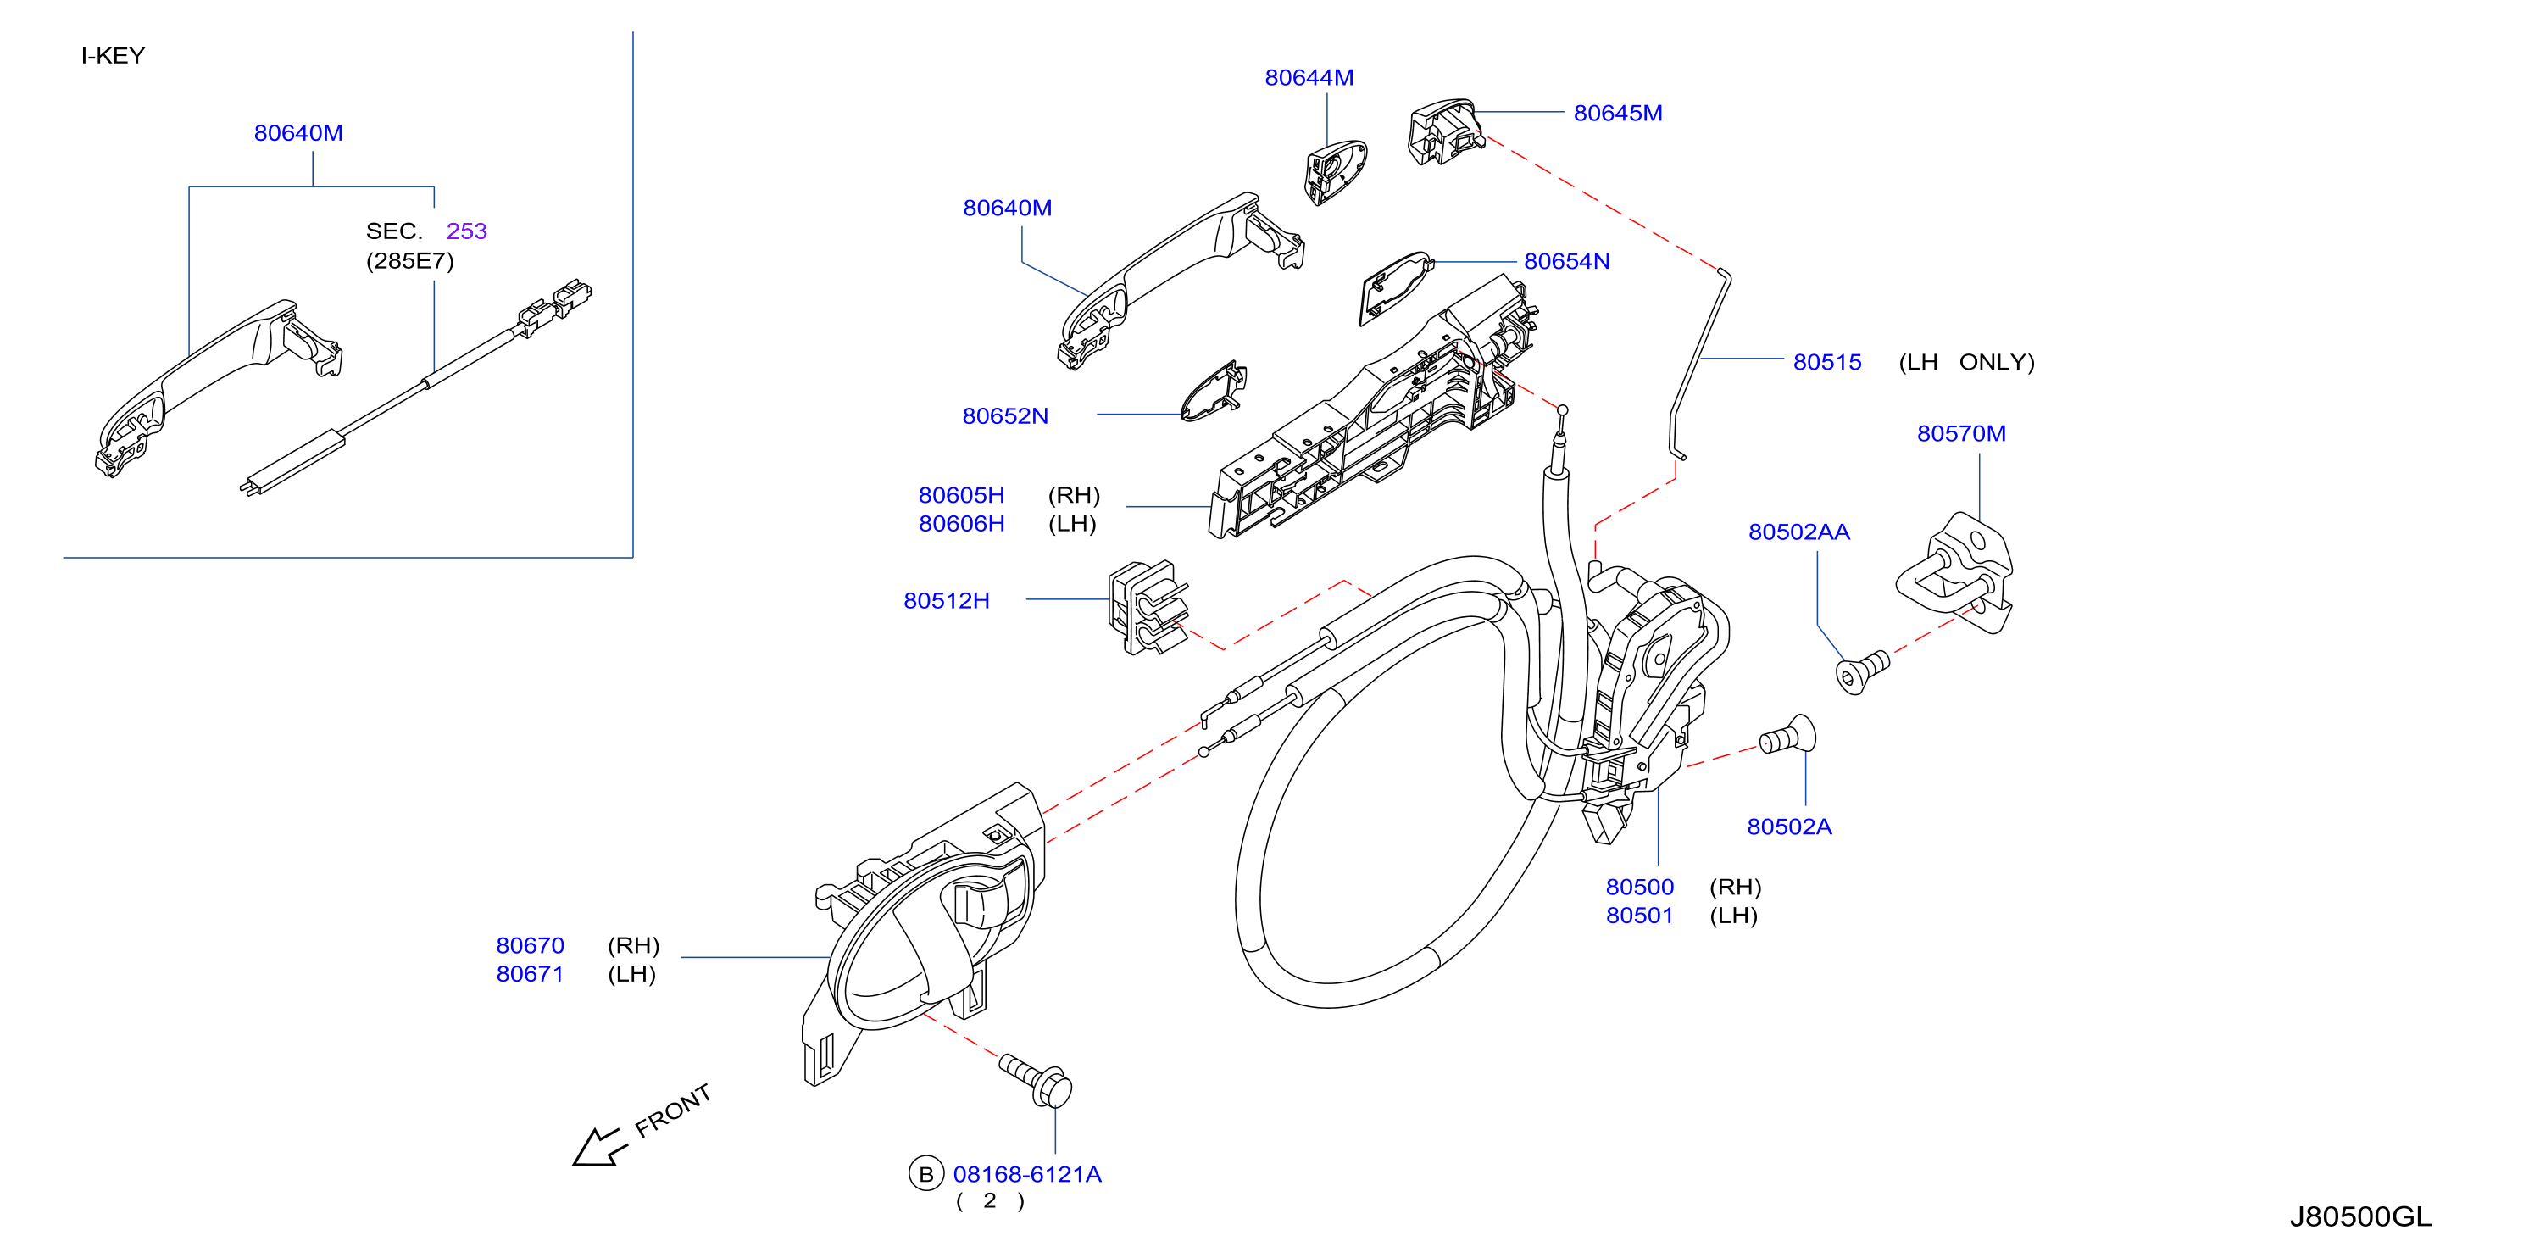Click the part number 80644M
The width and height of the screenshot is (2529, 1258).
pyautogui.click(x=1309, y=78)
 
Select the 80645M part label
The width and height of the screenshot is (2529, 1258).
pyautogui.click(x=1618, y=113)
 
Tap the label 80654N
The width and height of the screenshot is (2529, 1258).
pyautogui.click(x=1567, y=261)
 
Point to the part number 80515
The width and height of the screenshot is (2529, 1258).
pyautogui.click(x=1827, y=362)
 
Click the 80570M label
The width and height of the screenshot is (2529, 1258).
pyautogui.click(x=1961, y=434)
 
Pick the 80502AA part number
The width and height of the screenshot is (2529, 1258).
pyautogui.click(x=1799, y=532)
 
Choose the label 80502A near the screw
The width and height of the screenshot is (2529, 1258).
pyautogui.click(x=1790, y=827)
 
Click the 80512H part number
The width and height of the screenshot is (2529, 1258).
pyautogui.click(x=947, y=601)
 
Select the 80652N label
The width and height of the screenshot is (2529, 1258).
pyautogui.click(x=1005, y=416)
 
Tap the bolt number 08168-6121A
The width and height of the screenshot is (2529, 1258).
pyautogui.click(x=1027, y=1175)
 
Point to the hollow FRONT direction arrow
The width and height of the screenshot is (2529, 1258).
pyautogui.click(x=600, y=1147)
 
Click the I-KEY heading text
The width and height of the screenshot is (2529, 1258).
pyautogui.click(x=113, y=56)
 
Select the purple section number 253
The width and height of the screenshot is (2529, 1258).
pyautogui.click(x=466, y=231)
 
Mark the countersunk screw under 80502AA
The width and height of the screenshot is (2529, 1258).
pyautogui.click(x=1861, y=671)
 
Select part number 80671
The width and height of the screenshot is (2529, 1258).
pyautogui.click(x=531, y=975)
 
